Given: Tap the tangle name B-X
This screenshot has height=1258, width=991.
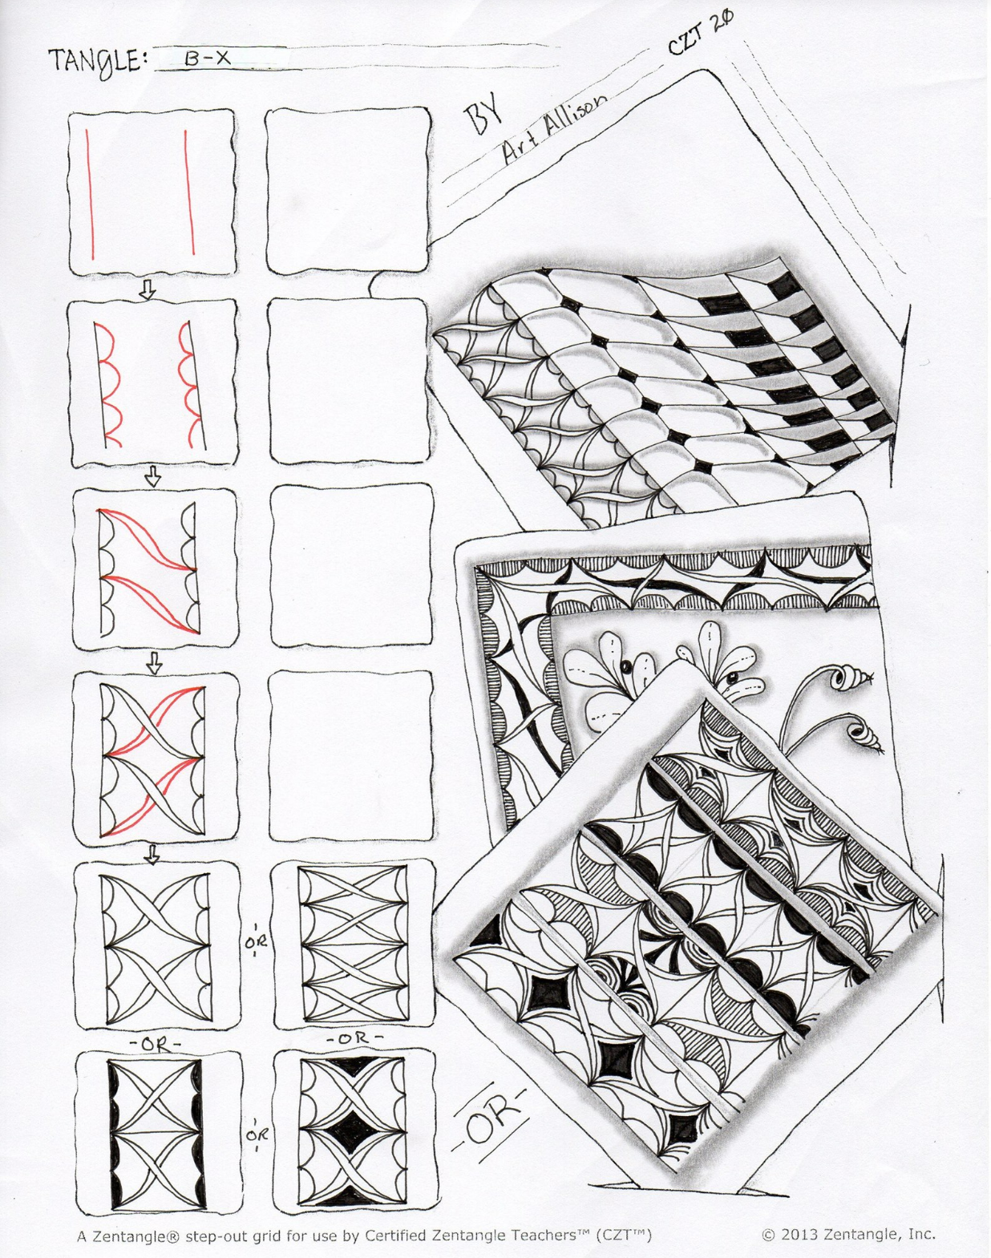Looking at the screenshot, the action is pos(208,58).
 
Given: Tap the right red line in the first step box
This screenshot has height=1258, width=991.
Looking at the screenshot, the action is pos(189,192).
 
